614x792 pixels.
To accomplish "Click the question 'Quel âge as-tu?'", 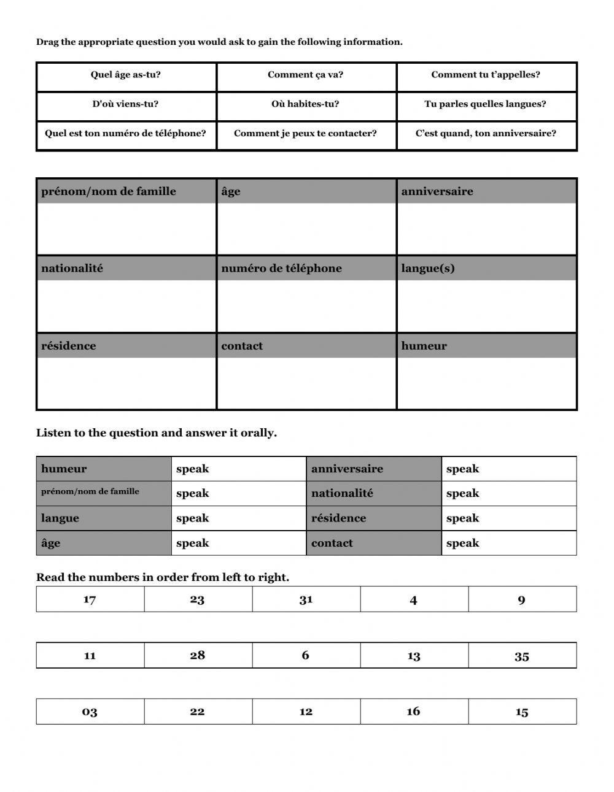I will tap(126, 75).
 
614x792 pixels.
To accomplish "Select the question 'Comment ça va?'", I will tap(306, 75).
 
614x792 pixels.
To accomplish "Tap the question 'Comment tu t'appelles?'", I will tap(486, 75).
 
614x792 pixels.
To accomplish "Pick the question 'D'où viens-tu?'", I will tap(126, 104).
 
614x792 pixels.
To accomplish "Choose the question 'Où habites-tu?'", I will tap(306, 104).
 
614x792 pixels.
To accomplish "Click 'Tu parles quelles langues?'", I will tap(486, 104).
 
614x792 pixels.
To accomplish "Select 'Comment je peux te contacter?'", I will tap(306, 133).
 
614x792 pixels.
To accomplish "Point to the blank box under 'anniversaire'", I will tap(486, 228).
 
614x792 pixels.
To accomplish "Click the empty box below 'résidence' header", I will tap(126, 383).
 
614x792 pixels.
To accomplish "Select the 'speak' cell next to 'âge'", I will tap(238, 543).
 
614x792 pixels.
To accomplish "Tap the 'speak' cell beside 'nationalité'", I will tap(508, 493).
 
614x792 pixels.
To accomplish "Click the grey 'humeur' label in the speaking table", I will tap(103, 469).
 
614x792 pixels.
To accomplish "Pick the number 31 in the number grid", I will tap(306, 599).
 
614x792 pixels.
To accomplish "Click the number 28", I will tap(198, 655).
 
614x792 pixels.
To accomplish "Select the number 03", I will tap(90, 712).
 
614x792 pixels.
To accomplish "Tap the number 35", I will tap(522, 656).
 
